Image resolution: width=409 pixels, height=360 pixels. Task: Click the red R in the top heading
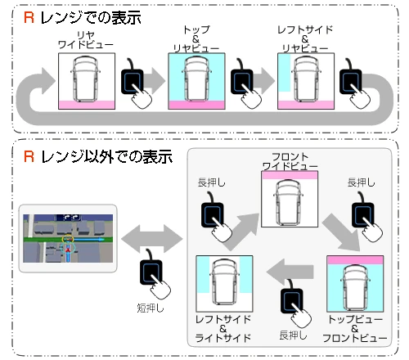[x=29, y=17]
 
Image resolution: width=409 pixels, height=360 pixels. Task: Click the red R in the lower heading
[x=29, y=156]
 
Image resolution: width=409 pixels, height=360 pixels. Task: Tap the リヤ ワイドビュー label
[x=86, y=40]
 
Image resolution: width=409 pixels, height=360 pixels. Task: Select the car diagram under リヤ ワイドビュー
[x=87, y=81]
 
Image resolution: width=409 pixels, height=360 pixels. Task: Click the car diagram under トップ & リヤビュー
[x=196, y=81]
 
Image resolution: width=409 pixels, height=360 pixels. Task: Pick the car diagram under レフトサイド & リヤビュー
[x=306, y=81]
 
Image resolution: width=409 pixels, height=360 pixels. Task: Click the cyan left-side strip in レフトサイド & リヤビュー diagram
[x=285, y=73]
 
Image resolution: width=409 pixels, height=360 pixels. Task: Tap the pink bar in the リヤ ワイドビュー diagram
[x=87, y=105]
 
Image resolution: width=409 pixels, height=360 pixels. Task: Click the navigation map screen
[x=68, y=238]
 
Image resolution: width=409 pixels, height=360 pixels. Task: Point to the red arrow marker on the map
[x=68, y=249]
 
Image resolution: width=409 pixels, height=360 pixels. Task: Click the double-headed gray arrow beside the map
[x=151, y=239]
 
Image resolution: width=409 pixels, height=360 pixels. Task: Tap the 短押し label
[x=151, y=308]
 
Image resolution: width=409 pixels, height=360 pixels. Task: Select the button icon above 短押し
[x=154, y=274]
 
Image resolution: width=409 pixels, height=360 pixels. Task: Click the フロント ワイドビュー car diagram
[x=290, y=199]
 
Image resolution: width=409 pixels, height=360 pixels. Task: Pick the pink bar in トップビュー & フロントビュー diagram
[x=355, y=260]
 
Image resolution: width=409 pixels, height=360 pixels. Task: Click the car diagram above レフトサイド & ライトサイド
[x=224, y=284]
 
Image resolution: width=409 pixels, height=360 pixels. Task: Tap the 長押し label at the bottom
[x=293, y=335]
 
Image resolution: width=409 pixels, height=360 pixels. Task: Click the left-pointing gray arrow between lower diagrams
[x=290, y=272]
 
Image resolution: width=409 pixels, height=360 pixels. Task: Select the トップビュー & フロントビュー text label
[x=355, y=329]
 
